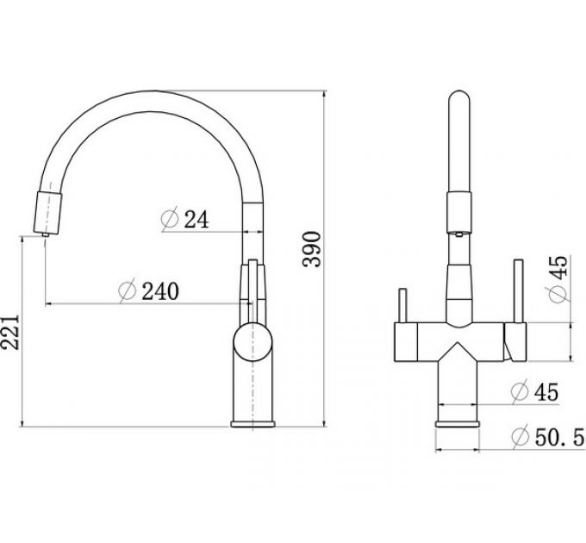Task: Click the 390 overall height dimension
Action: click(315, 250)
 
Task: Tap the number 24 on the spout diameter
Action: click(197, 221)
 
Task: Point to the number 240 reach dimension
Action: click(159, 292)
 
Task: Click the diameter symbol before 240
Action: click(127, 292)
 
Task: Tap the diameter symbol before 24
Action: click(169, 221)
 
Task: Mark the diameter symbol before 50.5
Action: click(520, 438)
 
